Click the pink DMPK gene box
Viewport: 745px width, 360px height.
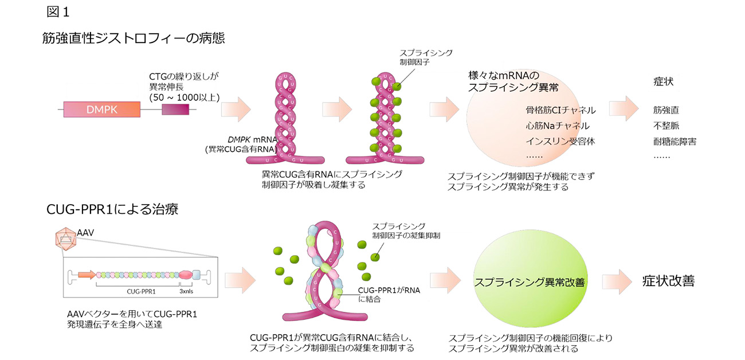coord(101,109)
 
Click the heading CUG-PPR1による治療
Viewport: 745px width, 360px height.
coord(112,209)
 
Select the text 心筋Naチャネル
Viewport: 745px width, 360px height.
coord(557,126)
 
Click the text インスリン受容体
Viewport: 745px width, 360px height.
coord(557,141)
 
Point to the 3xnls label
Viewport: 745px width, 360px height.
coord(186,291)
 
